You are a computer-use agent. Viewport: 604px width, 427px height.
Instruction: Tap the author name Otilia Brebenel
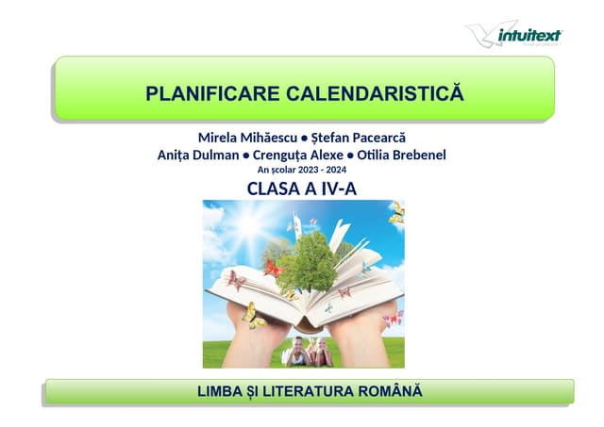(x=400, y=154)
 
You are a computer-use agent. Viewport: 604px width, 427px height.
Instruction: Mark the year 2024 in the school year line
(x=334, y=170)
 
